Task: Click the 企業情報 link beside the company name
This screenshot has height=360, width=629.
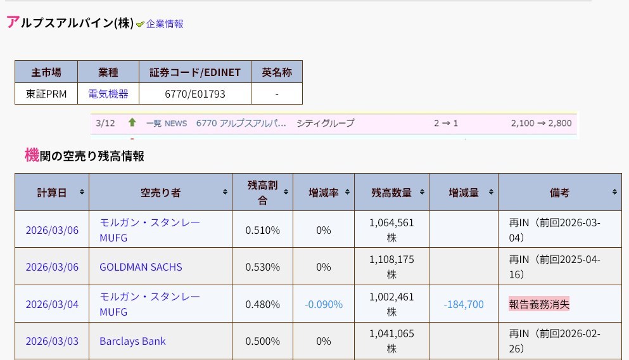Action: pyautogui.click(x=165, y=24)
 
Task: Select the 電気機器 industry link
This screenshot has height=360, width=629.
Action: pyautogui.click(x=108, y=94)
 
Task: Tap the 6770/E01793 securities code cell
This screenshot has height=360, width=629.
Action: pyautogui.click(x=194, y=94)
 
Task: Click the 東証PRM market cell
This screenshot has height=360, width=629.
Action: pyautogui.click(x=46, y=94)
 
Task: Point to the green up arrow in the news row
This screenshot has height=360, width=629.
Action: pyautogui.click(x=132, y=122)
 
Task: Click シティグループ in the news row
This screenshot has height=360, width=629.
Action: pyautogui.click(x=325, y=123)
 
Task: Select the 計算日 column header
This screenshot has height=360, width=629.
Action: pyautogui.click(x=52, y=193)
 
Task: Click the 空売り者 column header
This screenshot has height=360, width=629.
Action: pyautogui.click(x=160, y=193)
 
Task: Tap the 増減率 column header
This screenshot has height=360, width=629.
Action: pyautogui.click(x=323, y=193)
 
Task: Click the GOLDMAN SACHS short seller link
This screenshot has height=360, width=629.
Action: pyautogui.click(x=141, y=267)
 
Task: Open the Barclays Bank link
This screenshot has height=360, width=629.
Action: pyautogui.click(x=132, y=341)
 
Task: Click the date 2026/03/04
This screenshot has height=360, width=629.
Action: pyautogui.click(x=52, y=304)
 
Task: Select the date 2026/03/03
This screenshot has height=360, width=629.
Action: pyautogui.click(x=52, y=341)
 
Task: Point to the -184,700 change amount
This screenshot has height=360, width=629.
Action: pyautogui.click(x=464, y=304)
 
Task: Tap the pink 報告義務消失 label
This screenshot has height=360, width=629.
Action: pyautogui.click(x=539, y=304)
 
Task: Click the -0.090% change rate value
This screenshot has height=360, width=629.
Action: pyautogui.click(x=324, y=304)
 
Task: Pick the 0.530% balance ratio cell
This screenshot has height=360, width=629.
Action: pyautogui.click(x=262, y=267)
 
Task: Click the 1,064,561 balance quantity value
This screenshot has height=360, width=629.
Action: pyautogui.click(x=391, y=222)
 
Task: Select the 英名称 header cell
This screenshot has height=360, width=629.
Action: pyautogui.click(x=277, y=72)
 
